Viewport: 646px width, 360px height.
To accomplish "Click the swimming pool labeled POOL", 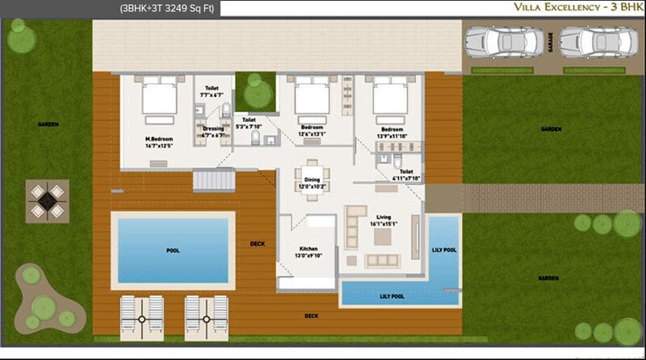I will [x=172, y=250].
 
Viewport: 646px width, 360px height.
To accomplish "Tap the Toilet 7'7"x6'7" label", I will [x=212, y=91].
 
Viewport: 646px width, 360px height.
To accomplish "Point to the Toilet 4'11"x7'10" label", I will [x=406, y=175].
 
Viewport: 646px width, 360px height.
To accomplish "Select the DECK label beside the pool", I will [x=257, y=244].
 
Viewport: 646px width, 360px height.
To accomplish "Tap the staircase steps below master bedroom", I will [x=213, y=179].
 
